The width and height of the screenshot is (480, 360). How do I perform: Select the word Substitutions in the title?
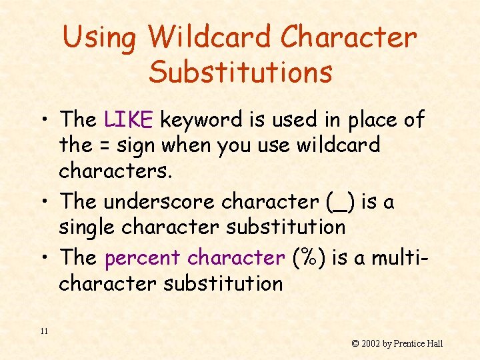240,72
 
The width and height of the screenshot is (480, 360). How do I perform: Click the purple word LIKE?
129,120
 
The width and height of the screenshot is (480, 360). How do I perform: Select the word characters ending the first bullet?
115,170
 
